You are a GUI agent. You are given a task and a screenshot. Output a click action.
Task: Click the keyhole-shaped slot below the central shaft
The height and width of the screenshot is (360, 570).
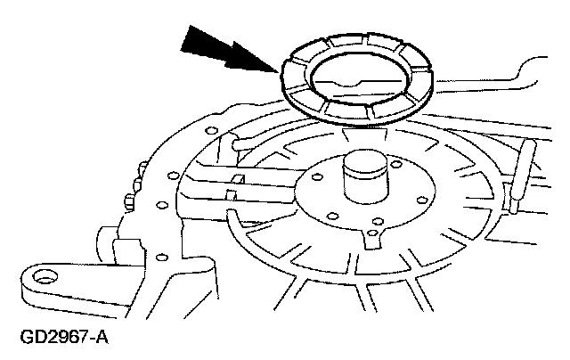pyautogui.click(x=373, y=238)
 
